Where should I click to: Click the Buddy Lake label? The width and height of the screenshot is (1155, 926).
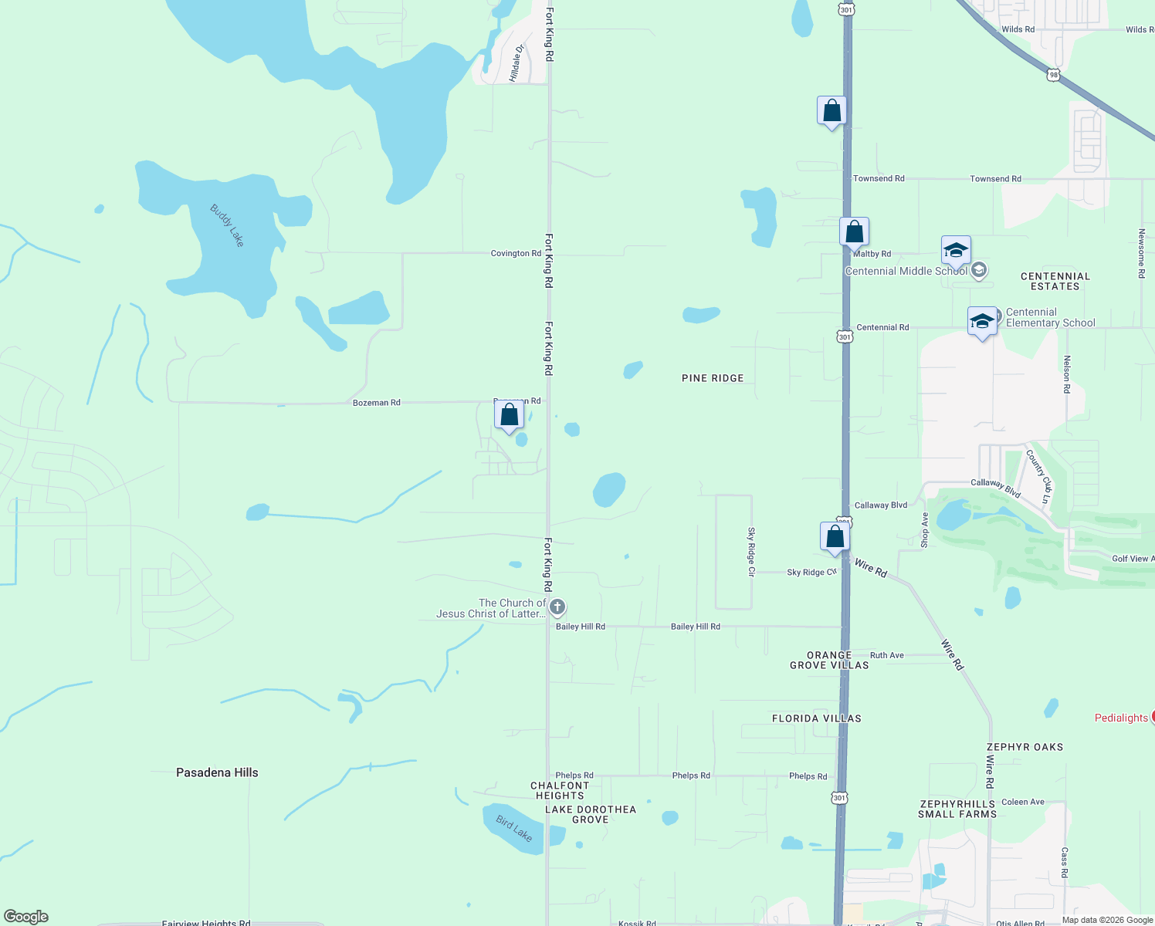[227, 225]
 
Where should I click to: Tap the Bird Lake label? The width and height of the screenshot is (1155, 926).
[513, 829]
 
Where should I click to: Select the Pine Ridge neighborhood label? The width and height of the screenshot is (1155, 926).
[713, 378]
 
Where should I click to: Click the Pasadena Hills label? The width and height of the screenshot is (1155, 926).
[217, 772]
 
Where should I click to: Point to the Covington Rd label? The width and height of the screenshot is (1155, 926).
[516, 253]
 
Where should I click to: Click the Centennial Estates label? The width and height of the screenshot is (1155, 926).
[1055, 281]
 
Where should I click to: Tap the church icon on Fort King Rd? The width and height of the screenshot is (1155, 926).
[557, 608]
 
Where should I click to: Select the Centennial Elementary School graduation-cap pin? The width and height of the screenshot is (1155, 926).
[982, 322]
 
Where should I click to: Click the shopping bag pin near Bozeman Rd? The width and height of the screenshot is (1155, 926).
[509, 416]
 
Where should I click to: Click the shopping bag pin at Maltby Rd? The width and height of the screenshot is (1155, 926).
[854, 231]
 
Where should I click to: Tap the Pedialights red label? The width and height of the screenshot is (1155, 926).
[1121, 718]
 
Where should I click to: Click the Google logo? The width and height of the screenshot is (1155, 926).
[26, 917]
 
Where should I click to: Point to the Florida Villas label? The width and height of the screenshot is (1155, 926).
[816, 718]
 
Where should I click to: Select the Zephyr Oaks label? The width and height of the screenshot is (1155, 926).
[1025, 747]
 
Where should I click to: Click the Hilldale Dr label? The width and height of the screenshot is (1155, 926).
[517, 63]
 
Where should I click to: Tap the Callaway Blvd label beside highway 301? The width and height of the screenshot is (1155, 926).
[881, 505]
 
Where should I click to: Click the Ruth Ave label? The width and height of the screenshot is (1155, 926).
[886, 655]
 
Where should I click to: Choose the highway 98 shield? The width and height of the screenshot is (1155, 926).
[1054, 74]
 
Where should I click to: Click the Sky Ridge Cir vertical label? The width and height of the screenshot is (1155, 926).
[750, 552]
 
